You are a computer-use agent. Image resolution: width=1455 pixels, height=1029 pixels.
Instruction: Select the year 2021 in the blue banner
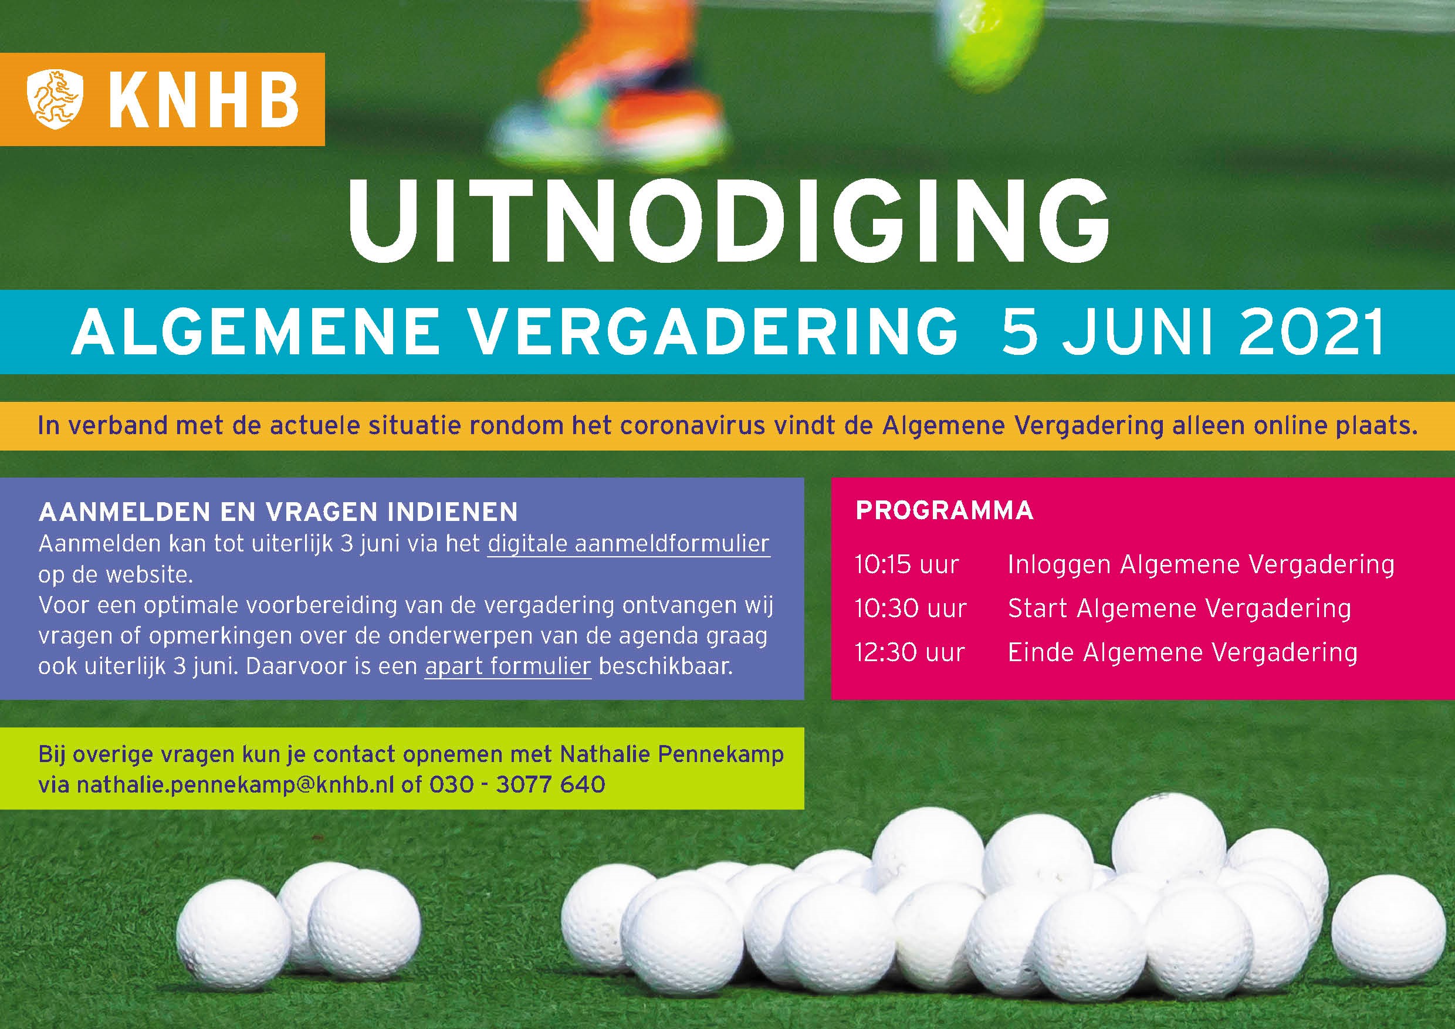(1311, 334)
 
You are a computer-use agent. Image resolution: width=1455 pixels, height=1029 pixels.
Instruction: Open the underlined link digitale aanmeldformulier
(628, 544)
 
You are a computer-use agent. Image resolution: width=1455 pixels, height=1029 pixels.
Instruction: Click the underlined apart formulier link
(508, 667)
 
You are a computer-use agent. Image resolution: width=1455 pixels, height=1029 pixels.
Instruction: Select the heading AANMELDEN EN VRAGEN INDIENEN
(278, 512)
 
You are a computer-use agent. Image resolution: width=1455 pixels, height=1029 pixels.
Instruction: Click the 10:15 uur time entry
(907, 564)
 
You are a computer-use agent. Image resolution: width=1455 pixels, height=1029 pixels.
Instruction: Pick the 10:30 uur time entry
(911, 609)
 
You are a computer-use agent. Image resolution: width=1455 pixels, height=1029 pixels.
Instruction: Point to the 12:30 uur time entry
(909, 652)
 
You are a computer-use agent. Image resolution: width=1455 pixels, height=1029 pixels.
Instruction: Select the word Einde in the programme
(1041, 652)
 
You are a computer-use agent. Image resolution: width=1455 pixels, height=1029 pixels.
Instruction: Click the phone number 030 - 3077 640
(517, 785)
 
